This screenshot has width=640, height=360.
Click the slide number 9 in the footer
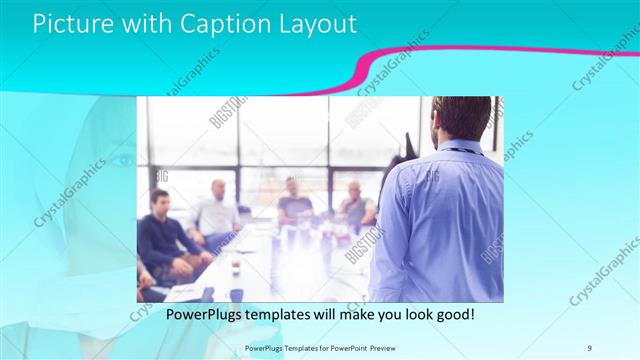click(590, 346)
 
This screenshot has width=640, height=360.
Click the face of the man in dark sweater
click(160, 200)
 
